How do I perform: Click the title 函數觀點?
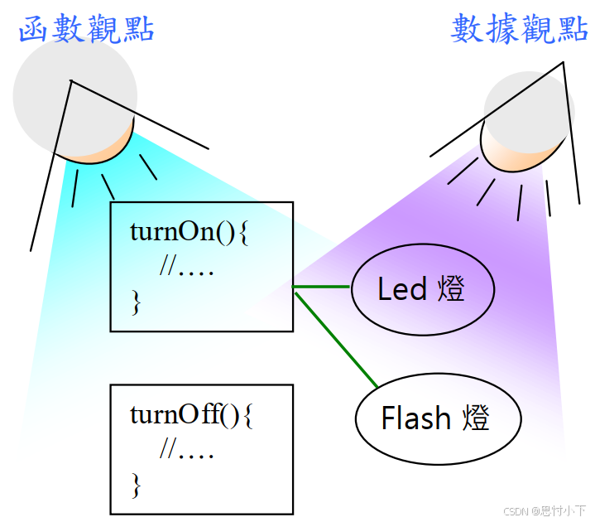tap(86, 30)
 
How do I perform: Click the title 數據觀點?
tap(519, 30)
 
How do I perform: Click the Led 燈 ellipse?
tap(422, 289)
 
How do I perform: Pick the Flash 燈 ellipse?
tap(438, 418)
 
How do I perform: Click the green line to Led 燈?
tap(322, 288)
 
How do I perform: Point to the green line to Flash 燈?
tap(336, 340)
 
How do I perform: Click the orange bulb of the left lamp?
tap(103, 149)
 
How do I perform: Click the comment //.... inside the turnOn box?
tap(187, 268)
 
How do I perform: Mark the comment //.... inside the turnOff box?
tap(187, 451)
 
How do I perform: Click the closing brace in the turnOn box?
tap(136, 303)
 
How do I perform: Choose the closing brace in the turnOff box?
tap(136, 484)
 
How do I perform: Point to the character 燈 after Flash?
tap(475, 418)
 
